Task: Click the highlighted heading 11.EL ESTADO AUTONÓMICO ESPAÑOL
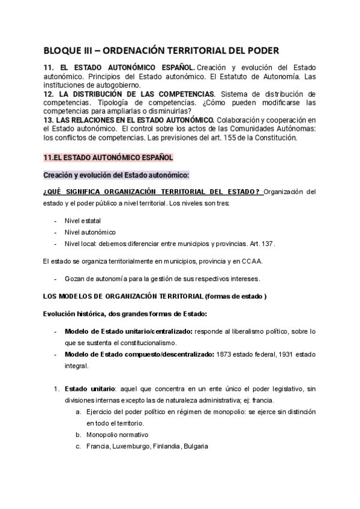[109, 157]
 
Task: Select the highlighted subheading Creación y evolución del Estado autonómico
[116, 175]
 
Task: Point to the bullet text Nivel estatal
[83, 220]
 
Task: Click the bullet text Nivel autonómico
[91, 232]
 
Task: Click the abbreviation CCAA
[250, 261]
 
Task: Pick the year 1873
[227, 354]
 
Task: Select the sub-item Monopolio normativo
[117, 435]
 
